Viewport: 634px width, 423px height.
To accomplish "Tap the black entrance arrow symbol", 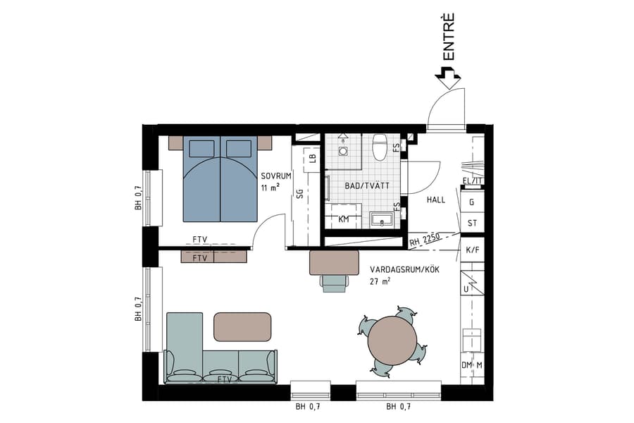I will point(447,74).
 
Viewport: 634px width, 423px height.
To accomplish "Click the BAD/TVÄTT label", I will point(363,187).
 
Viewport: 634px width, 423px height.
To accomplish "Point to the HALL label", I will point(435,200).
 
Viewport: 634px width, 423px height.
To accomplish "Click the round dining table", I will point(392,340).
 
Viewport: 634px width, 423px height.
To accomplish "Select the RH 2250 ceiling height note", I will point(425,240).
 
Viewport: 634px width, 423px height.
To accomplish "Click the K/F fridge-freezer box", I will point(472,250).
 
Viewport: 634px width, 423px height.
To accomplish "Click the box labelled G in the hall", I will point(472,202).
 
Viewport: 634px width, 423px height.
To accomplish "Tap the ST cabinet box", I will point(472,224).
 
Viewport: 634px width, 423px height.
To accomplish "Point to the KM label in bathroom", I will point(344,220).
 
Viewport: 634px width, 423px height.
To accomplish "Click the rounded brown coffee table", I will point(242,327).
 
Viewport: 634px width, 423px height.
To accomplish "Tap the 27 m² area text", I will point(380,281).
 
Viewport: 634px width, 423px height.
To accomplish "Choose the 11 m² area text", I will point(270,188).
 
